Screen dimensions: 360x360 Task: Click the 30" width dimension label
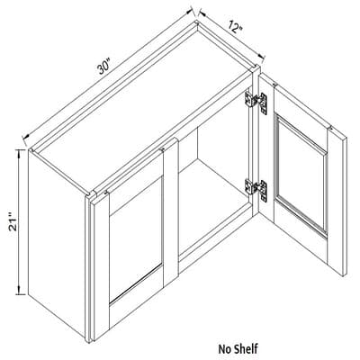tap(103, 67)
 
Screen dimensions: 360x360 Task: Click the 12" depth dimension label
tap(236, 27)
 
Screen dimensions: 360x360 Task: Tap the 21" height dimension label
tap(13, 222)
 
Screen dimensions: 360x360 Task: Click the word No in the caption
tap(224, 349)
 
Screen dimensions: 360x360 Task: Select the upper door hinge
tap(256, 101)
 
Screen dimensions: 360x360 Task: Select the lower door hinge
tap(256, 190)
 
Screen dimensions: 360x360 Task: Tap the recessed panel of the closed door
tap(136, 239)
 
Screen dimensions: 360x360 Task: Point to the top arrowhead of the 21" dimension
tap(20, 153)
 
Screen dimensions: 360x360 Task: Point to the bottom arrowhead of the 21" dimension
tap(20, 291)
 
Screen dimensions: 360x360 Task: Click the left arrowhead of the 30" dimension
tap(26, 136)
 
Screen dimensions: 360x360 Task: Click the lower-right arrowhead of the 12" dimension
tap(262, 56)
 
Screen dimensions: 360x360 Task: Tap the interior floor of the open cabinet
tap(215, 207)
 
